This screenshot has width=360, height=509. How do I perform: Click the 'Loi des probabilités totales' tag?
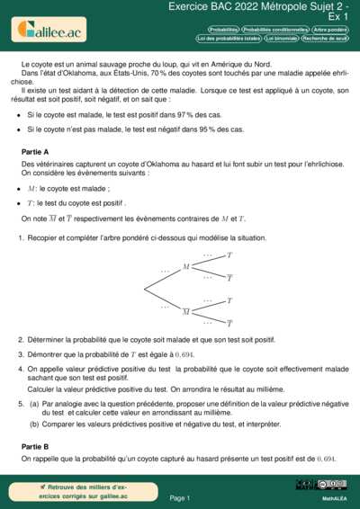229,39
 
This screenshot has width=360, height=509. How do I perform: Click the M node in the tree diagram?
186,266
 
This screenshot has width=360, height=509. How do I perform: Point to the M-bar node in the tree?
186,311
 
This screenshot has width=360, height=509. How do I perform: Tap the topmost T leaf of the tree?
229,255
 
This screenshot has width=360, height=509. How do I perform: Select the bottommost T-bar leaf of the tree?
229,323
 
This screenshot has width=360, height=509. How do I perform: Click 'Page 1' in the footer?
180,497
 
